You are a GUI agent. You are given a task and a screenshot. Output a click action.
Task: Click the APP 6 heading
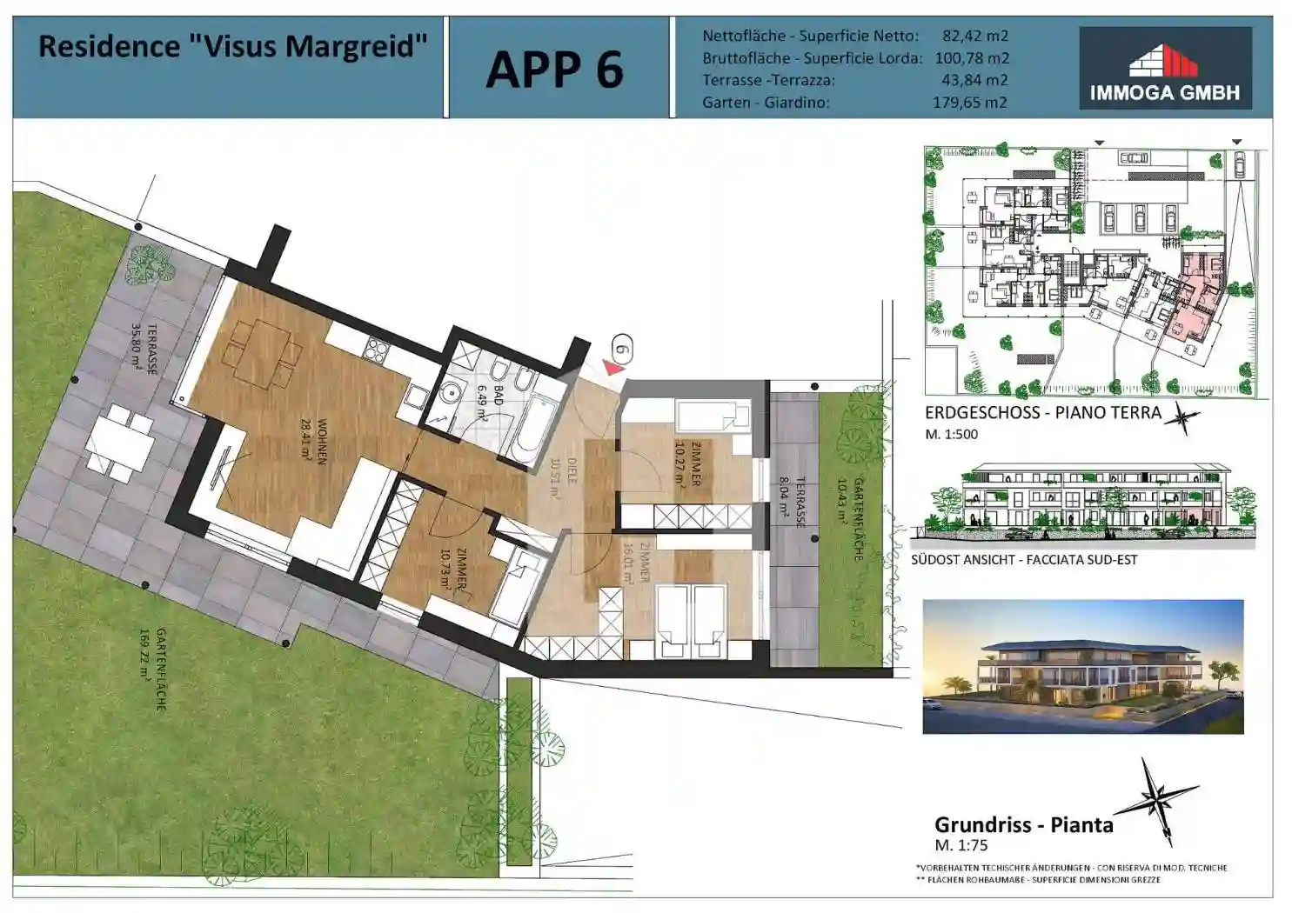[x=554, y=70]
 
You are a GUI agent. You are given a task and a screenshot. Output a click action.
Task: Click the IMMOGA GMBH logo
[x=1165, y=68]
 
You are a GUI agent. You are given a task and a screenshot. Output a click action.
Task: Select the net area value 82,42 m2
[x=974, y=36]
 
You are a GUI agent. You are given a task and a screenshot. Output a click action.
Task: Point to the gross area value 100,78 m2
[x=972, y=58]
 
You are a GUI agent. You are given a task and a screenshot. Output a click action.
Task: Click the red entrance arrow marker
[x=614, y=368]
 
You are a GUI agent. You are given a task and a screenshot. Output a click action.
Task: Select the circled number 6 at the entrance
[x=621, y=350]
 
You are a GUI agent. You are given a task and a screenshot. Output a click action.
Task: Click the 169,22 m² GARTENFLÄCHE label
[x=153, y=670]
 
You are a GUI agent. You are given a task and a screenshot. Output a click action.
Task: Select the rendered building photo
[x=1082, y=666]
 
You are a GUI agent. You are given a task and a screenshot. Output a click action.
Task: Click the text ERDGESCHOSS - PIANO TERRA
[x=1042, y=413]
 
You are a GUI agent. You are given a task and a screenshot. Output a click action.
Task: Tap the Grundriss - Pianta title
[x=1023, y=824]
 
